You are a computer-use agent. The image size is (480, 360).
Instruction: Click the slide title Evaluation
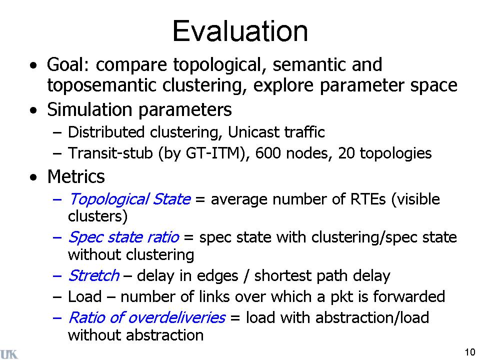(240, 31)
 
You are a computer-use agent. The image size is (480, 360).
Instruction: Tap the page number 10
(470, 352)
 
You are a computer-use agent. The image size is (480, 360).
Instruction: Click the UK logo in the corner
(9, 353)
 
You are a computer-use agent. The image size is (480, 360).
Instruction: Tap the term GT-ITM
(213, 153)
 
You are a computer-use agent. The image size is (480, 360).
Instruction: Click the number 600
(268, 153)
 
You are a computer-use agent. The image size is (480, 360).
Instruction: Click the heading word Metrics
(76, 176)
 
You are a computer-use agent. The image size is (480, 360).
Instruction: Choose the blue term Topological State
(129, 199)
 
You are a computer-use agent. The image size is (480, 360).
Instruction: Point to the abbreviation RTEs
(368, 199)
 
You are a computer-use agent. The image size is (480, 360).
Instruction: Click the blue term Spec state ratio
(123, 237)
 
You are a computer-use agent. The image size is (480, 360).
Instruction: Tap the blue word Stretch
(93, 275)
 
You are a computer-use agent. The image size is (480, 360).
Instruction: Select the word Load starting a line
(85, 296)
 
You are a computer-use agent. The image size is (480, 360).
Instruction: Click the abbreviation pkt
(342, 297)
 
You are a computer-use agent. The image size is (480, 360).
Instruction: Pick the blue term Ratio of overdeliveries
(147, 317)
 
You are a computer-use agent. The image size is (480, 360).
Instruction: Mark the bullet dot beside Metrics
(33, 177)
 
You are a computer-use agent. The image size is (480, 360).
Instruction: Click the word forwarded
(409, 296)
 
